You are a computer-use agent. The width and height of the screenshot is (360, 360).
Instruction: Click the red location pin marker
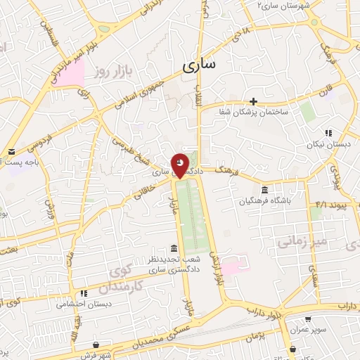(180, 165)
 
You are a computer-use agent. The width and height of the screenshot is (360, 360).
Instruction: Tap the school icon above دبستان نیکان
(328, 133)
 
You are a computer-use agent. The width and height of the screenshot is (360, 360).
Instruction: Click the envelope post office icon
(11, 152)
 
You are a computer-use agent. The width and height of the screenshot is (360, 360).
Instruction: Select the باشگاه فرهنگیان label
(264, 200)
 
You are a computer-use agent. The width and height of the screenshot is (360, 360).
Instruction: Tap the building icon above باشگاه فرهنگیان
(264, 190)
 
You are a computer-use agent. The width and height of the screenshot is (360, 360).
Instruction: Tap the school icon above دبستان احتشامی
(83, 293)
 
